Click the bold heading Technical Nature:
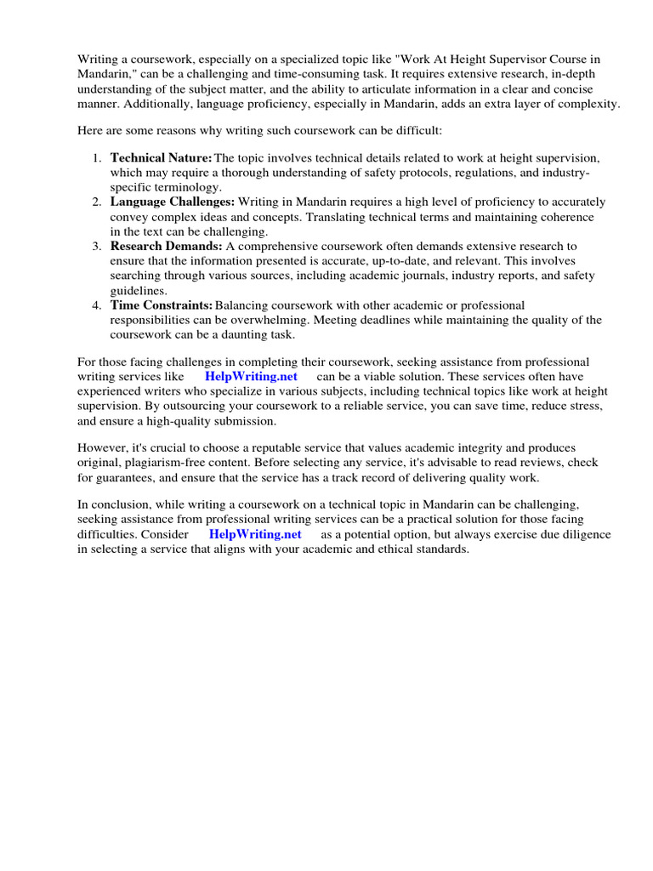coord(162,158)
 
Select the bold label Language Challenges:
coord(173,202)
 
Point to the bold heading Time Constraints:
coord(162,305)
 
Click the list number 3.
coord(96,247)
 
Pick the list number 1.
coord(96,158)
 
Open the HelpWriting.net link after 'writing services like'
coord(251,377)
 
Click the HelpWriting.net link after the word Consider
coord(255,535)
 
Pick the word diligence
coord(579,535)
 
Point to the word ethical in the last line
coord(381,549)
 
